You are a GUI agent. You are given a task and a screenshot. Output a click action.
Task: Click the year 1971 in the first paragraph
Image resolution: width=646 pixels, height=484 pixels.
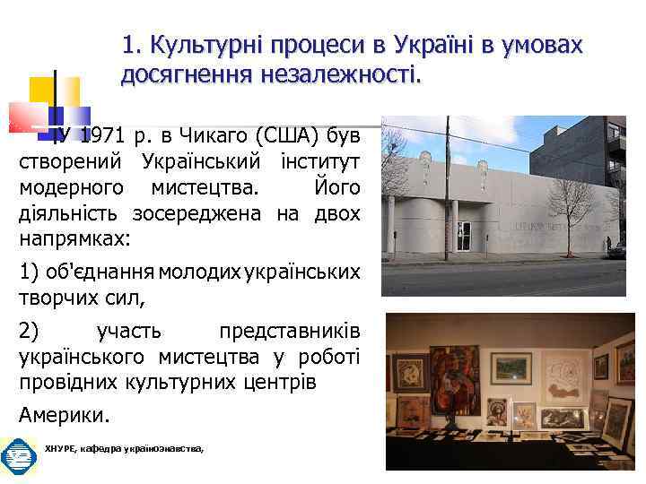[101, 136]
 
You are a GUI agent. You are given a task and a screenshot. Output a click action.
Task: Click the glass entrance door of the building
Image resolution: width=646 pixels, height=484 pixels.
[464, 235]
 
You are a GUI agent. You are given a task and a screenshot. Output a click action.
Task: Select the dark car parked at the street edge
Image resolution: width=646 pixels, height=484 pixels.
[616, 249]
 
